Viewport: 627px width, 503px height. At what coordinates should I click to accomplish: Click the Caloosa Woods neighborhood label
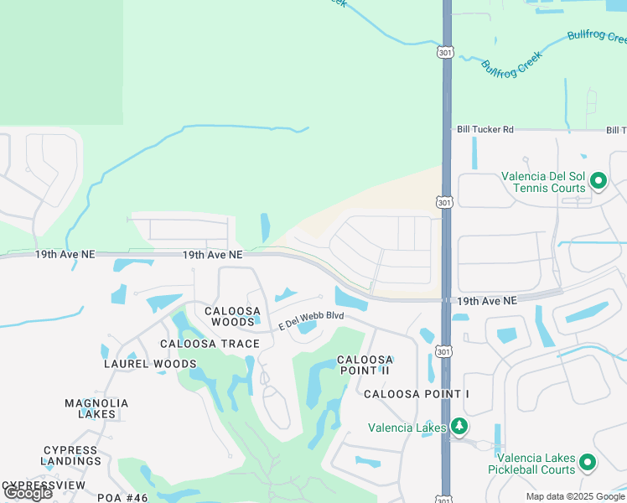230,316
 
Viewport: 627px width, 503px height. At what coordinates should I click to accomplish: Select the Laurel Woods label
150,364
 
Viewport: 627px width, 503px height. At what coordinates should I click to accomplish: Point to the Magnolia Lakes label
96,408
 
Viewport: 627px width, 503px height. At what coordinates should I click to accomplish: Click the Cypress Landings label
70,455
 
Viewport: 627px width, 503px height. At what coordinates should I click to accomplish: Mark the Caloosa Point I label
417,394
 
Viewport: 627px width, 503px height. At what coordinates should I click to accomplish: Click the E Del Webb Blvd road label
312,318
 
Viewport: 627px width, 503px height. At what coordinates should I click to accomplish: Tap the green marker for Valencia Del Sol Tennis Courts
598,180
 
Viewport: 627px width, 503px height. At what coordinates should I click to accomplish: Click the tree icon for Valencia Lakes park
459,427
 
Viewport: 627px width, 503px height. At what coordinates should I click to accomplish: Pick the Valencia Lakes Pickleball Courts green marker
588,462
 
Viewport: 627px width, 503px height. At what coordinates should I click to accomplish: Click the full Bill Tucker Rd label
484,130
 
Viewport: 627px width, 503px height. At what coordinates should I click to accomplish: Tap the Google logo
28,493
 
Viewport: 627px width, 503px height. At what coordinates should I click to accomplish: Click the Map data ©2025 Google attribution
576,496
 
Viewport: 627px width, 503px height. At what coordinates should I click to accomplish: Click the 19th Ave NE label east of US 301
487,300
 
